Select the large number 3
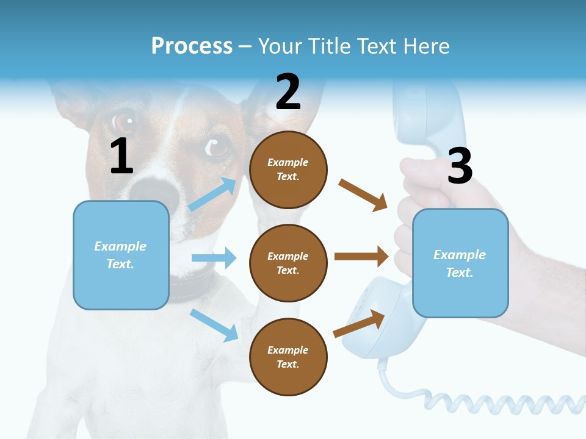tap(460, 166)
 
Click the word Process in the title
tap(192, 46)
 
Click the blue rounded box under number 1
tap(121, 255)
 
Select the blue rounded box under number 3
tap(460, 263)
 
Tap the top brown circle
tap(288, 170)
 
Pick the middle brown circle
tap(288, 263)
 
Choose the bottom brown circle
tap(288, 357)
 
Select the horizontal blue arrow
tap(214, 258)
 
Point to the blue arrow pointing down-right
tap(214, 324)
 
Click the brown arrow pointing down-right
tap(363, 195)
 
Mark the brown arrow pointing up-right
tap(359, 324)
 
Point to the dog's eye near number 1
tap(124, 120)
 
